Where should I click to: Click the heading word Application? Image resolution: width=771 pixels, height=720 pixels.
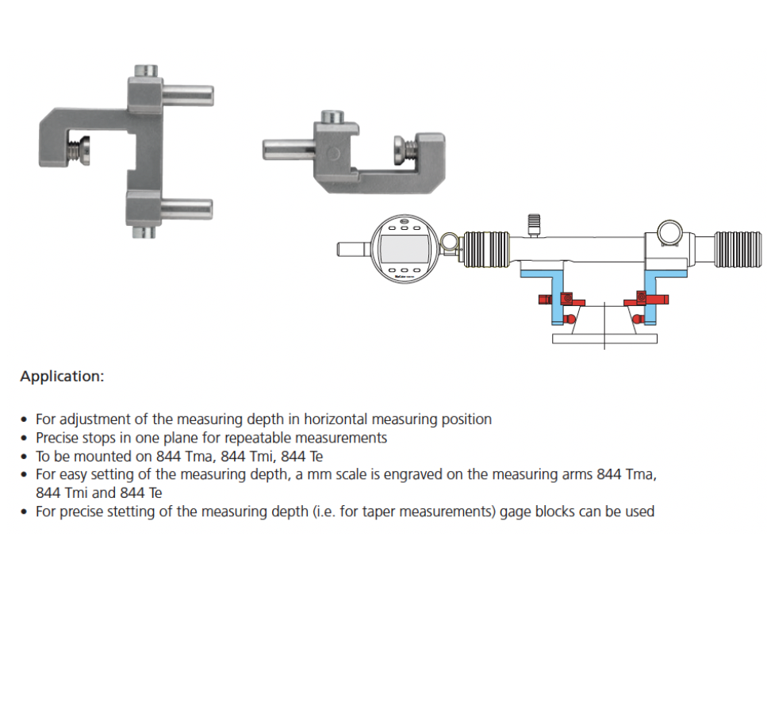(62, 377)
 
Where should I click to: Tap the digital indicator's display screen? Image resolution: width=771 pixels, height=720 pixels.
(405, 249)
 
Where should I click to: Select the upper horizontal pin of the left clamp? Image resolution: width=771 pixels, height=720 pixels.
(187, 95)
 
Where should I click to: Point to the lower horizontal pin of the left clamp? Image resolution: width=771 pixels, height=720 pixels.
(186, 209)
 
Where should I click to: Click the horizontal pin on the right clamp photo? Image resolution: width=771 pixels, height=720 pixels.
(289, 149)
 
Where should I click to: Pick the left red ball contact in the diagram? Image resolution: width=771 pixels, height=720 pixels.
(570, 319)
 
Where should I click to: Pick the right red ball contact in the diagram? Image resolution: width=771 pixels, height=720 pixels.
(638, 319)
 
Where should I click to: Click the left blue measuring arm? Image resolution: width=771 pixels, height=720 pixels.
(557, 295)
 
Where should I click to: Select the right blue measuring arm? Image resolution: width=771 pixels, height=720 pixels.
(650, 295)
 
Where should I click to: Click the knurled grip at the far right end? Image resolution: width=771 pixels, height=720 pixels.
(738, 249)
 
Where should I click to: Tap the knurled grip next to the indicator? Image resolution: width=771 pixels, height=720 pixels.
(486, 249)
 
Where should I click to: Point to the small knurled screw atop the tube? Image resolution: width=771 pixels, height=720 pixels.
(534, 224)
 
